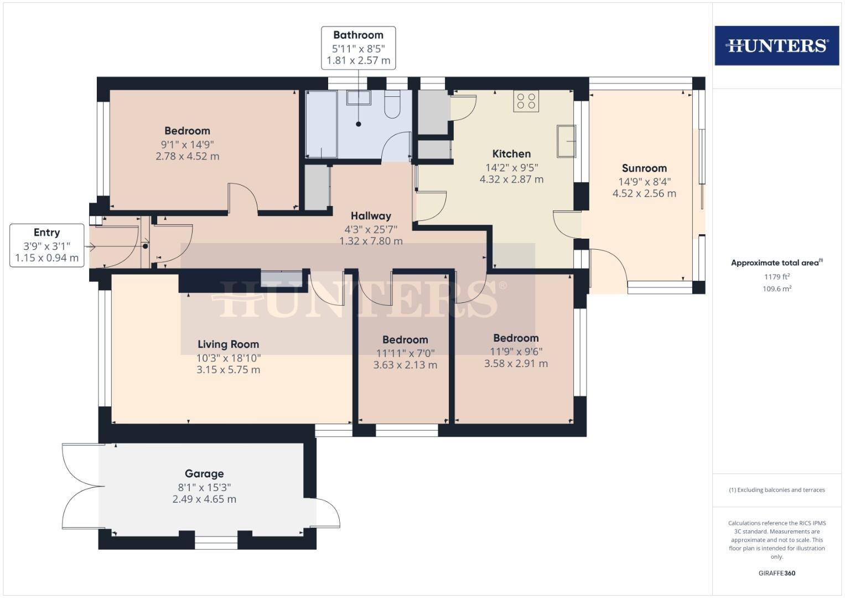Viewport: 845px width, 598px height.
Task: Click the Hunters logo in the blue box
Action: click(776, 45)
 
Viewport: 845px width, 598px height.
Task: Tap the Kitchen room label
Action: click(511, 154)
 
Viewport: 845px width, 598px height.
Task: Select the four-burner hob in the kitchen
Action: click(526, 101)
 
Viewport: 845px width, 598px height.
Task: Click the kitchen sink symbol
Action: click(566, 141)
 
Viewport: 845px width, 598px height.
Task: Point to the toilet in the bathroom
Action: click(392, 105)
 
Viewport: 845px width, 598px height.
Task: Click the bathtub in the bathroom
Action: click(322, 125)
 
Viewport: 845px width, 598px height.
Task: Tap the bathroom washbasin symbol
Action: click(359, 98)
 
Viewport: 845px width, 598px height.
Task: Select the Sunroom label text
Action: click(644, 168)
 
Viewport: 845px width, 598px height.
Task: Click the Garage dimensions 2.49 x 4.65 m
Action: click(204, 499)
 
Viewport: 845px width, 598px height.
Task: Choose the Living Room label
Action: click(228, 344)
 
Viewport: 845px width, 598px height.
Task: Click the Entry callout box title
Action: click(46, 233)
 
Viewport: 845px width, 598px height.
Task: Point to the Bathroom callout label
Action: click(358, 35)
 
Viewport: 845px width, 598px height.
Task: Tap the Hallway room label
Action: click(371, 216)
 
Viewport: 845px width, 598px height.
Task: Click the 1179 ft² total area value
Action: click(776, 277)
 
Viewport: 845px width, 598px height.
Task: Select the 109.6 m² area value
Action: click(776, 288)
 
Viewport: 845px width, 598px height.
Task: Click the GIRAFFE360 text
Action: click(776, 573)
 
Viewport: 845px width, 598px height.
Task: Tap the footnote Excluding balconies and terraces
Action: click(776, 490)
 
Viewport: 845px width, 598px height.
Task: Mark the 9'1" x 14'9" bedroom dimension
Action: click(187, 145)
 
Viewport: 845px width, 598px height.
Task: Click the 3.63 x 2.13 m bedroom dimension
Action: click(405, 365)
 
